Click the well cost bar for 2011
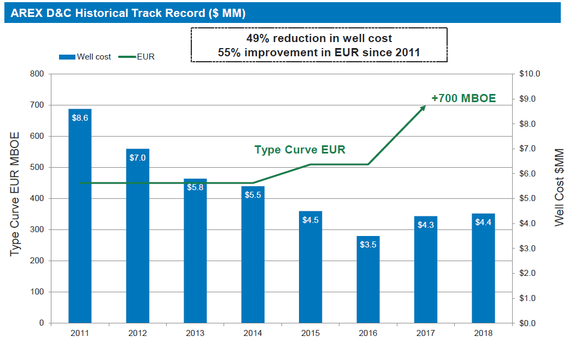[80, 216]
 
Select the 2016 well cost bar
[368, 279]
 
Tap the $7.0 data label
[138, 158]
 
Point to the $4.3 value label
[426, 225]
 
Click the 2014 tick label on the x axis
[253, 333]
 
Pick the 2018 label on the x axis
[483, 333]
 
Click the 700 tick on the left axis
[37, 105]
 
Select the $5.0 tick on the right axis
[527, 198]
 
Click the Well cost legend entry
[85, 57]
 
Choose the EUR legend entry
[137, 57]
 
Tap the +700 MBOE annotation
[463, 98]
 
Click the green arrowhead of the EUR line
[423, 108]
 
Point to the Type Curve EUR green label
[300, 150]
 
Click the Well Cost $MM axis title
[559, 187]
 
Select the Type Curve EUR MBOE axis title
[14, 194]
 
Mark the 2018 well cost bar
[483, 268]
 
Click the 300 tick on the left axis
[37, 229]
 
